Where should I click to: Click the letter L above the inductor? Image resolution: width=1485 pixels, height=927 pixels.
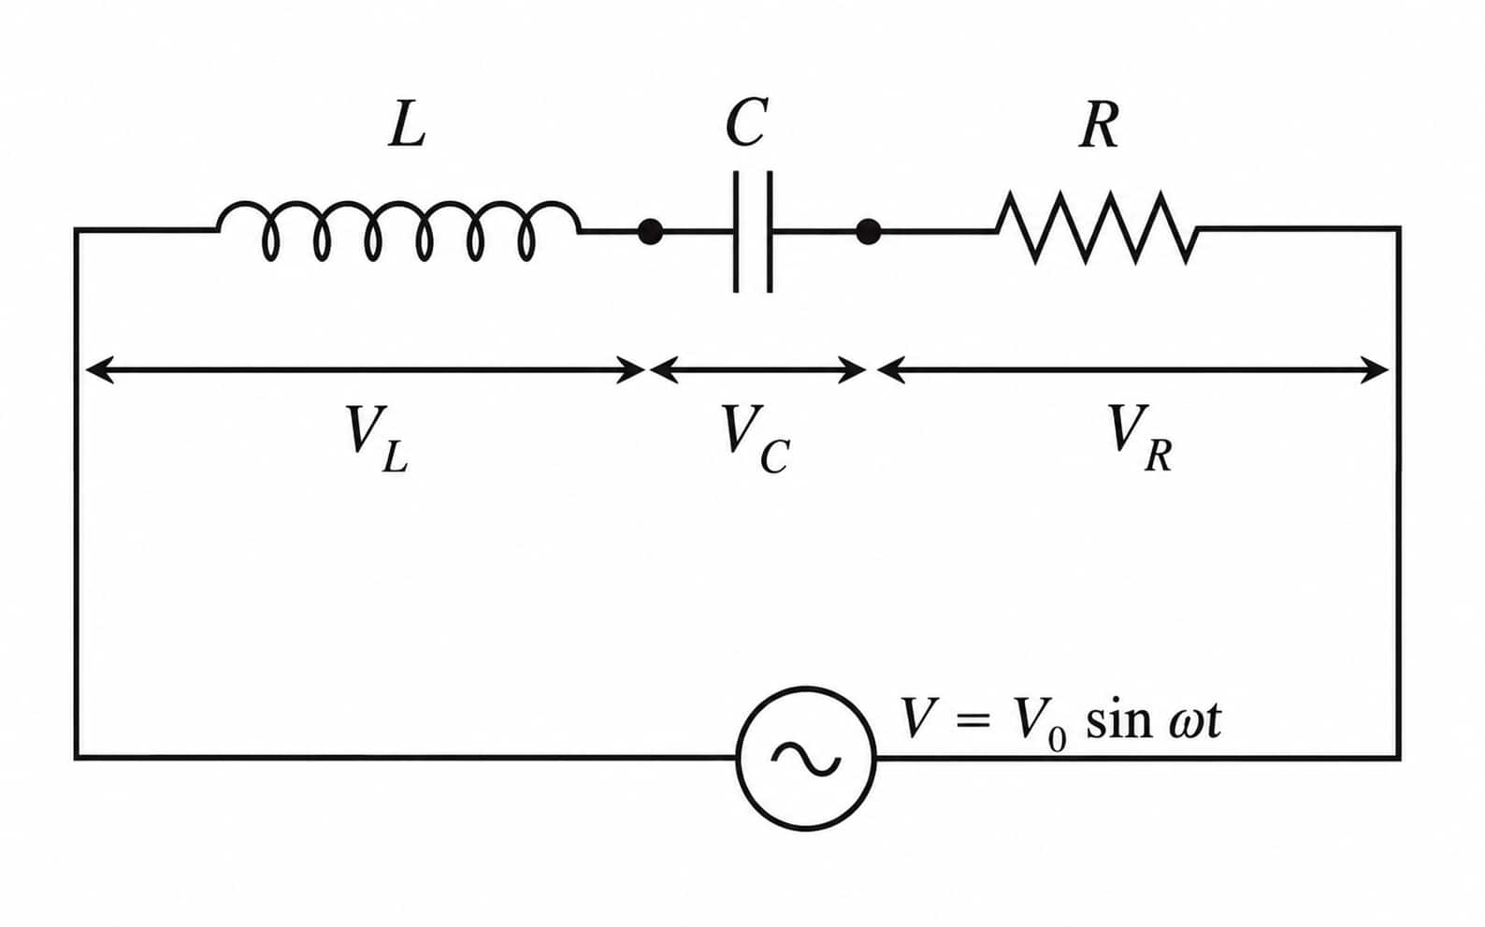tap(407, 124)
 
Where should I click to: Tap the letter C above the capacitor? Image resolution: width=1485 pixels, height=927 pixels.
tap(746, 123)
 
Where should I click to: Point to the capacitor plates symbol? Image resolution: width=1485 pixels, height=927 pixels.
tap(753, 231)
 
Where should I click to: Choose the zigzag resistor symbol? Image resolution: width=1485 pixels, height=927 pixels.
tap(1097, 228)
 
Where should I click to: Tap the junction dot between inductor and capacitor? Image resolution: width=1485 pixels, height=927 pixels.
tap(650, 231)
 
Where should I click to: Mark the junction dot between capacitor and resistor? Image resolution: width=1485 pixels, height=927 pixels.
tap(869, 232)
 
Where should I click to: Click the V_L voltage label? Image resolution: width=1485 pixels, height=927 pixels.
tap(377, 439)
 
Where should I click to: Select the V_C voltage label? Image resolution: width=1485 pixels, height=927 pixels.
tap(756, 439)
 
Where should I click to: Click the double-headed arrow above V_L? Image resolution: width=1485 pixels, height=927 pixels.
tap(366, 370)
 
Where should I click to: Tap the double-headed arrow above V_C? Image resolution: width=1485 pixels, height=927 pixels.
tap(757, 370)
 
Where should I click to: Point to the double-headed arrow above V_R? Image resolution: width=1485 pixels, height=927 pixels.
tap(1132, 370)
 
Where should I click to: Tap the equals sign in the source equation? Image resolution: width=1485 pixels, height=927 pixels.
tap(973, 722)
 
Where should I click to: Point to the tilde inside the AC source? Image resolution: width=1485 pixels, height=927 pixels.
tap(805, 758)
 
